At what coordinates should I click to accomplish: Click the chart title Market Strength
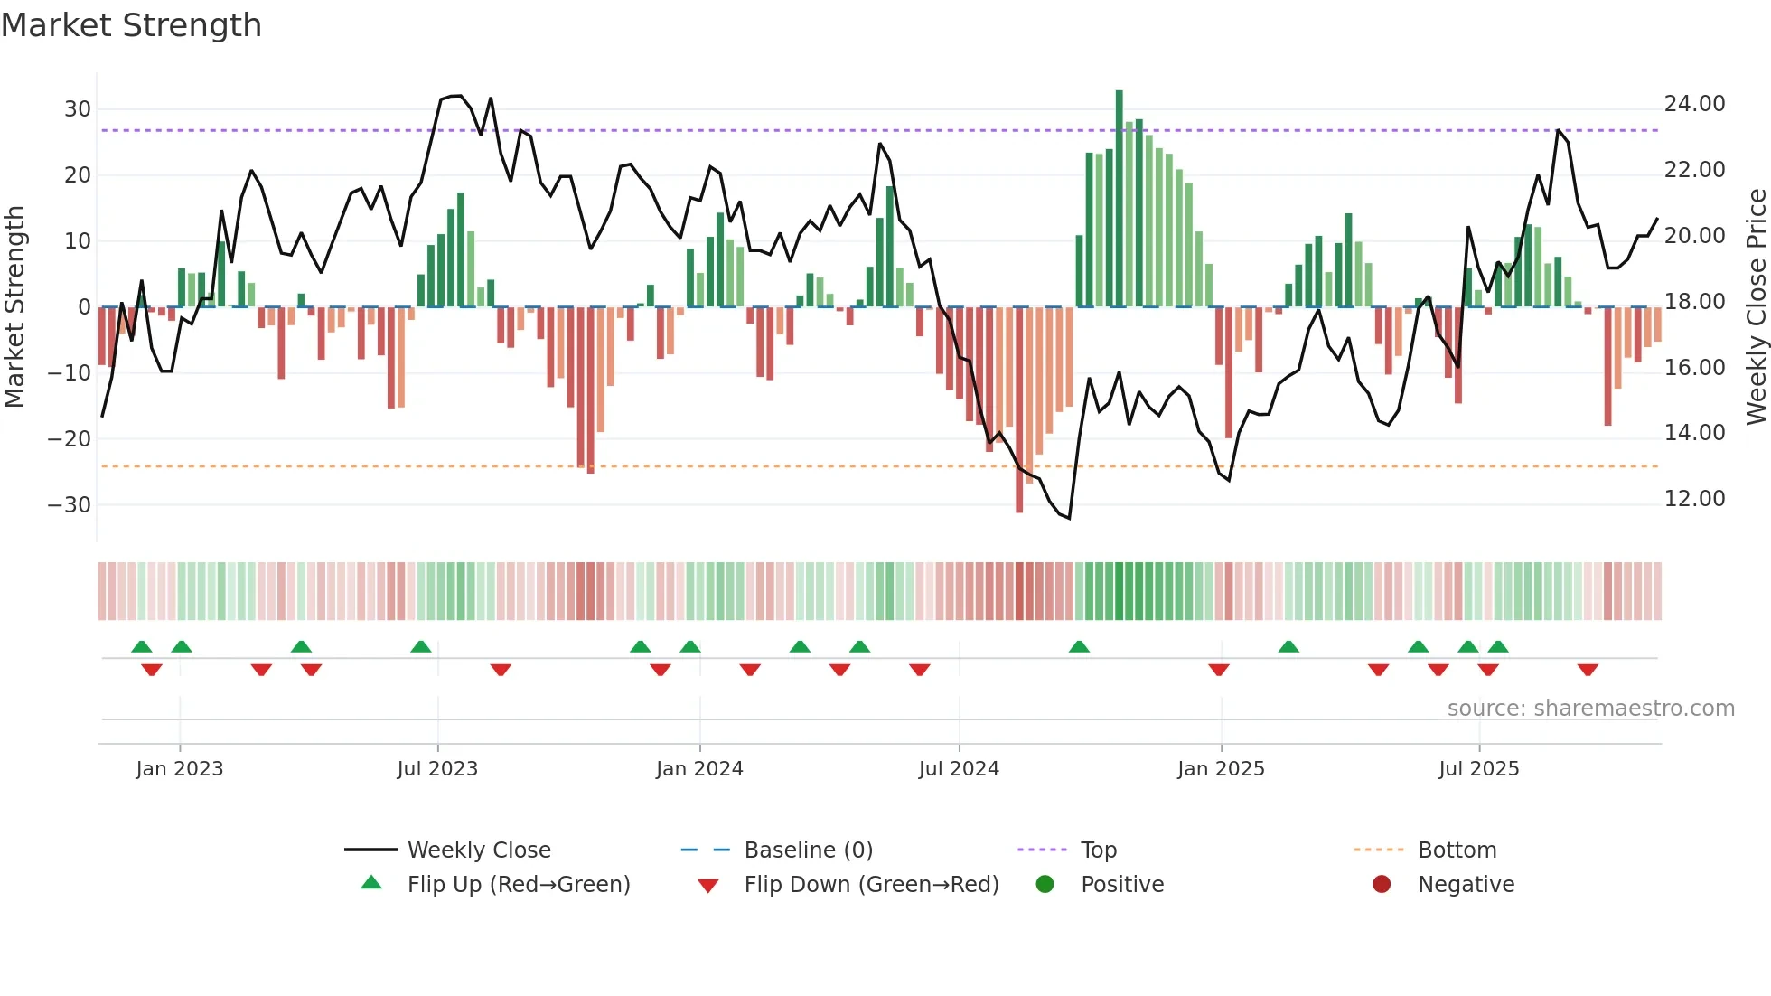tap(131, 25)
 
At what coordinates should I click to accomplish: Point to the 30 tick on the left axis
tap(78, 109)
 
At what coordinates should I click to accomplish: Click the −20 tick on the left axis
tap(70, 439)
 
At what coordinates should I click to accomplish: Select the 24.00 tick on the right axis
tap(1694, 104)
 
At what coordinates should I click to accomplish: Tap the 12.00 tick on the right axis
tap(1694, 499)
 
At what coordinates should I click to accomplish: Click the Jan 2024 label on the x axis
tap(699, 769)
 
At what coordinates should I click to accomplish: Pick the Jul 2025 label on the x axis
tap(1479, 769)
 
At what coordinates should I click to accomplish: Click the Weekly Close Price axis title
tap(1756, 306)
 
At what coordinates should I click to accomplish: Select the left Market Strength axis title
tap(14, 306)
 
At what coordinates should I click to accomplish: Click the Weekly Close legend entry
tap(479, 850)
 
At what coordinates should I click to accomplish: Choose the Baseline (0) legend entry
tap(808, 850)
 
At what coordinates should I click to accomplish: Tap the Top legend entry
tap(1099, 850)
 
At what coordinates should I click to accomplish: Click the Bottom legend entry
tap(1457, 850)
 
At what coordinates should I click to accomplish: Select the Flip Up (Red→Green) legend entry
tap(518, 885)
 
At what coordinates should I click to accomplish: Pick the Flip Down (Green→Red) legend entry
tap(871, 885)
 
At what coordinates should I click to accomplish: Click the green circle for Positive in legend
tap(1045, 885)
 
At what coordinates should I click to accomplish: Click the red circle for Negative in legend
tap(1382, 885)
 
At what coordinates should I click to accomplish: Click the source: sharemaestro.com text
tap(1590, 709)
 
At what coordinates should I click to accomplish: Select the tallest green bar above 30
tap(1119, 199)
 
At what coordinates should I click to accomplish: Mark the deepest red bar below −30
tap(1019, 411)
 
